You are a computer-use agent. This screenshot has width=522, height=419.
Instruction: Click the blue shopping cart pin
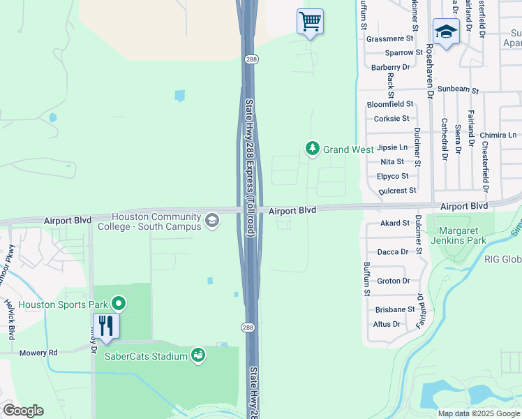310,21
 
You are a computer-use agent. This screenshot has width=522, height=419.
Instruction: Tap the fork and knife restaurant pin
106,326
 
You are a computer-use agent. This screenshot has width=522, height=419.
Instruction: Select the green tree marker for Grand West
313,149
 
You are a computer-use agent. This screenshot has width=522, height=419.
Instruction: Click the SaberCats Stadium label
146,356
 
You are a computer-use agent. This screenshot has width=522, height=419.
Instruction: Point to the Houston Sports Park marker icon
119,304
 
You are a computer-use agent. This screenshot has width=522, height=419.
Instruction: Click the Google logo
23,411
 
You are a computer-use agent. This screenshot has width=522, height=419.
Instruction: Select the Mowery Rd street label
38,353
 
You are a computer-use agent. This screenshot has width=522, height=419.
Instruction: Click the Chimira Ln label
498,135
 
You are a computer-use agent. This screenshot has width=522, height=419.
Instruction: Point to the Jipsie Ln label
391,147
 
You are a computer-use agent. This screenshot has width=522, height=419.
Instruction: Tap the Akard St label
394,223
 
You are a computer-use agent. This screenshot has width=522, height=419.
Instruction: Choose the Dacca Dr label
393,252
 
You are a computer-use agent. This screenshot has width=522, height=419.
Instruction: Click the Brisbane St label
394,309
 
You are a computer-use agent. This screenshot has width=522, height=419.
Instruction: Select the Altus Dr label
387,324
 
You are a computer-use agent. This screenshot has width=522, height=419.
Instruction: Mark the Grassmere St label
390,39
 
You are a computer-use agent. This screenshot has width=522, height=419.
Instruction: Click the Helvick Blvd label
10,318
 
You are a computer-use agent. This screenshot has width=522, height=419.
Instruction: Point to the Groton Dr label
393,281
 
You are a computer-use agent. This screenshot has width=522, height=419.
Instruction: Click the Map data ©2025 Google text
478,413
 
